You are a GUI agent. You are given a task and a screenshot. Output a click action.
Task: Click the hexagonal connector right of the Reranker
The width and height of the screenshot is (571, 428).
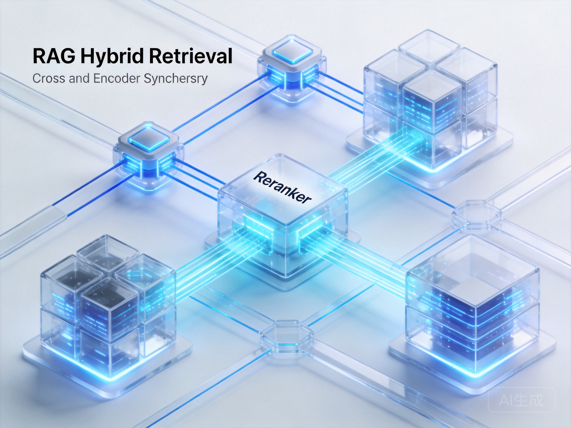(477, 215)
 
